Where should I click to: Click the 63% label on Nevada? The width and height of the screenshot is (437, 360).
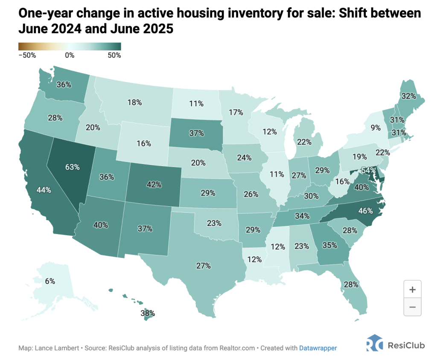point(73,167)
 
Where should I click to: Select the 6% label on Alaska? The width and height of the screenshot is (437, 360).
point(50,281)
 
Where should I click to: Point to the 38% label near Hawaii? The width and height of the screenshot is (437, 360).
point(148,313)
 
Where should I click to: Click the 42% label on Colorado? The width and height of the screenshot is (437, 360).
point(154,184)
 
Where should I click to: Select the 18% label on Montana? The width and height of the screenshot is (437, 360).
point(134,102)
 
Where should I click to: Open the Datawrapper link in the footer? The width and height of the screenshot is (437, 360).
point(318,348)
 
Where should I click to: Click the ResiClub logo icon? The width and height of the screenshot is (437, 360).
point(375,344)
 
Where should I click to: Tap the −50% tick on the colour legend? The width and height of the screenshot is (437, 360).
point(27,55)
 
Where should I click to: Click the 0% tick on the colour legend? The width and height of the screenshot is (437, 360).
point(70,55)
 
